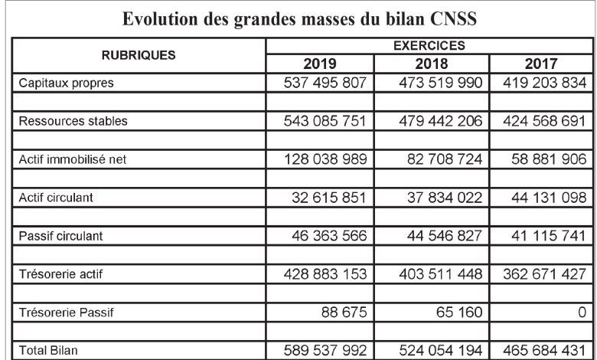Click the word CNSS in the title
click(x=453, y=18)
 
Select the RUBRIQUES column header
click(x=139, y=55)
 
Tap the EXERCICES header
click(x=429, y=46)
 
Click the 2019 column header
click(x=320, y=64)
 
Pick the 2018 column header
click(x=432, y=64)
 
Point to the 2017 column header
click(x=541, y=64)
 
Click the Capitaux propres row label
click(x=67, y=83)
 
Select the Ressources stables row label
click(x=73, y=121)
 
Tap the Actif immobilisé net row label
click(x=73, y=159)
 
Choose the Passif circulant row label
click(x=61, y=236)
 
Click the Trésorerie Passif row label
click(x=67, y=313)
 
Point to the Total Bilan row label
click(x=48, y=351)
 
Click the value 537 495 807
click(x=325, y=83)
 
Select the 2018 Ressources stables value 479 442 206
click(x=441, y=121)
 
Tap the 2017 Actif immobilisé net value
click(x=549, y=159)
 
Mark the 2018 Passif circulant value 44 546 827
click(x=445, y=236)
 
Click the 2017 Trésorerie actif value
click(x=544, y=274)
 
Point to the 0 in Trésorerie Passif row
click(x=582, y=313)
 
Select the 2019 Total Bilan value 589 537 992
click(x=325, y=351)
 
